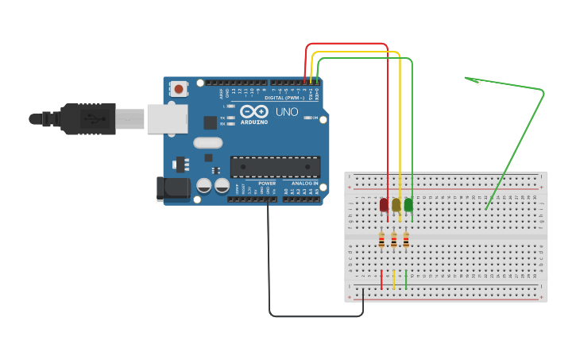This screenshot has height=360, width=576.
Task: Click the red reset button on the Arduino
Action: [x=180, y=89]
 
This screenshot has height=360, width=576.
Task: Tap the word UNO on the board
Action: [x=286, y=112]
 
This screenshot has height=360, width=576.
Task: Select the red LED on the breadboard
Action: [x=384, y=205]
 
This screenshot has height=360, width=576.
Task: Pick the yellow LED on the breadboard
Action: [x=396, y=205]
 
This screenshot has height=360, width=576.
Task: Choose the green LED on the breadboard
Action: [x=408, y=205]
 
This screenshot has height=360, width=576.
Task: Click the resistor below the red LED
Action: [x=381, y=239]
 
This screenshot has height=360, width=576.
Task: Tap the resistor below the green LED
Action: [x=406, y=239]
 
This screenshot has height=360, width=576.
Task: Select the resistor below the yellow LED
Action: [x=394, y=239]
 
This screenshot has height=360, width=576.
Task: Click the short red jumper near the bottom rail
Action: [x=381, y=279]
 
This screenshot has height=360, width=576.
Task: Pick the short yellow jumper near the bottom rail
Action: [x=394, y=279]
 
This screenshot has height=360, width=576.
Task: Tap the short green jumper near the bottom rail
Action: [x=406, y=279]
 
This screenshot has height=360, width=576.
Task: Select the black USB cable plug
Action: [x=87, y=118]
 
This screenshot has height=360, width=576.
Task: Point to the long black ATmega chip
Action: [x=275, y=166]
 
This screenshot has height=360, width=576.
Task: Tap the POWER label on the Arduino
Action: [x=267, y=183]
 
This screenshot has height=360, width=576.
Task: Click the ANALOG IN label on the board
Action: [x=304, y=183]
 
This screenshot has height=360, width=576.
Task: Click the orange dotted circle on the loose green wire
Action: [x=477, y=82]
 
